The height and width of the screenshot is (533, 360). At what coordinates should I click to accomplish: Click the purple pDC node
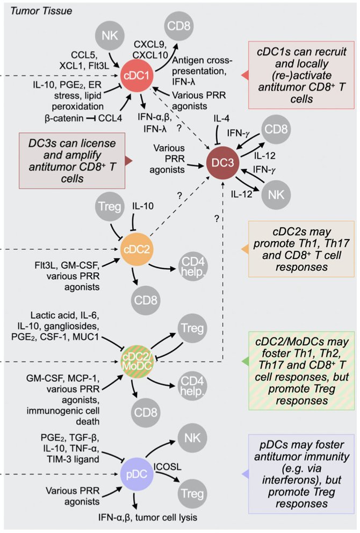134,474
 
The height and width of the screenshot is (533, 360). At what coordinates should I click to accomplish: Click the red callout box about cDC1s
303,75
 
